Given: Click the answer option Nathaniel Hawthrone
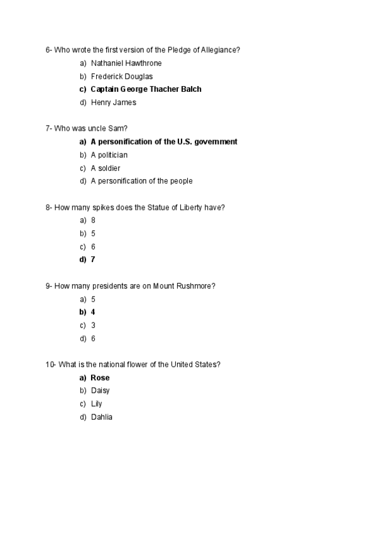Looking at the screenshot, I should [126, 63].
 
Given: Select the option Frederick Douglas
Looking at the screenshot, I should [121, 76].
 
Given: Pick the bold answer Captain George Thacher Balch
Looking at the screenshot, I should [146, 89].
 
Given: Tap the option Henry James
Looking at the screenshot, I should [113, 102].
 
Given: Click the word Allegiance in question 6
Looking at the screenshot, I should [220, 50].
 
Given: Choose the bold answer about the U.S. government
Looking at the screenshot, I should [163, 142].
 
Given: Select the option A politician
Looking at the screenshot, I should [109, 155].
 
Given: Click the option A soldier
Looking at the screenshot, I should [105, 168].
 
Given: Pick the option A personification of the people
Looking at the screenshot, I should [141, 181].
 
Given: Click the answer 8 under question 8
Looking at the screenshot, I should [93, 221].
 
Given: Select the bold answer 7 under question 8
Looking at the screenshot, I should [93, 260].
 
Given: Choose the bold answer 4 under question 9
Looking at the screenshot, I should [93, 312].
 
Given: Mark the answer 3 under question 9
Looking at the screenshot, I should [93, 325].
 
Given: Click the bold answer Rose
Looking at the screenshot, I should [100, 378].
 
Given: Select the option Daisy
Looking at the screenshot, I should [100, 390].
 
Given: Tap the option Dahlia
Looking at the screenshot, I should [101, 417].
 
